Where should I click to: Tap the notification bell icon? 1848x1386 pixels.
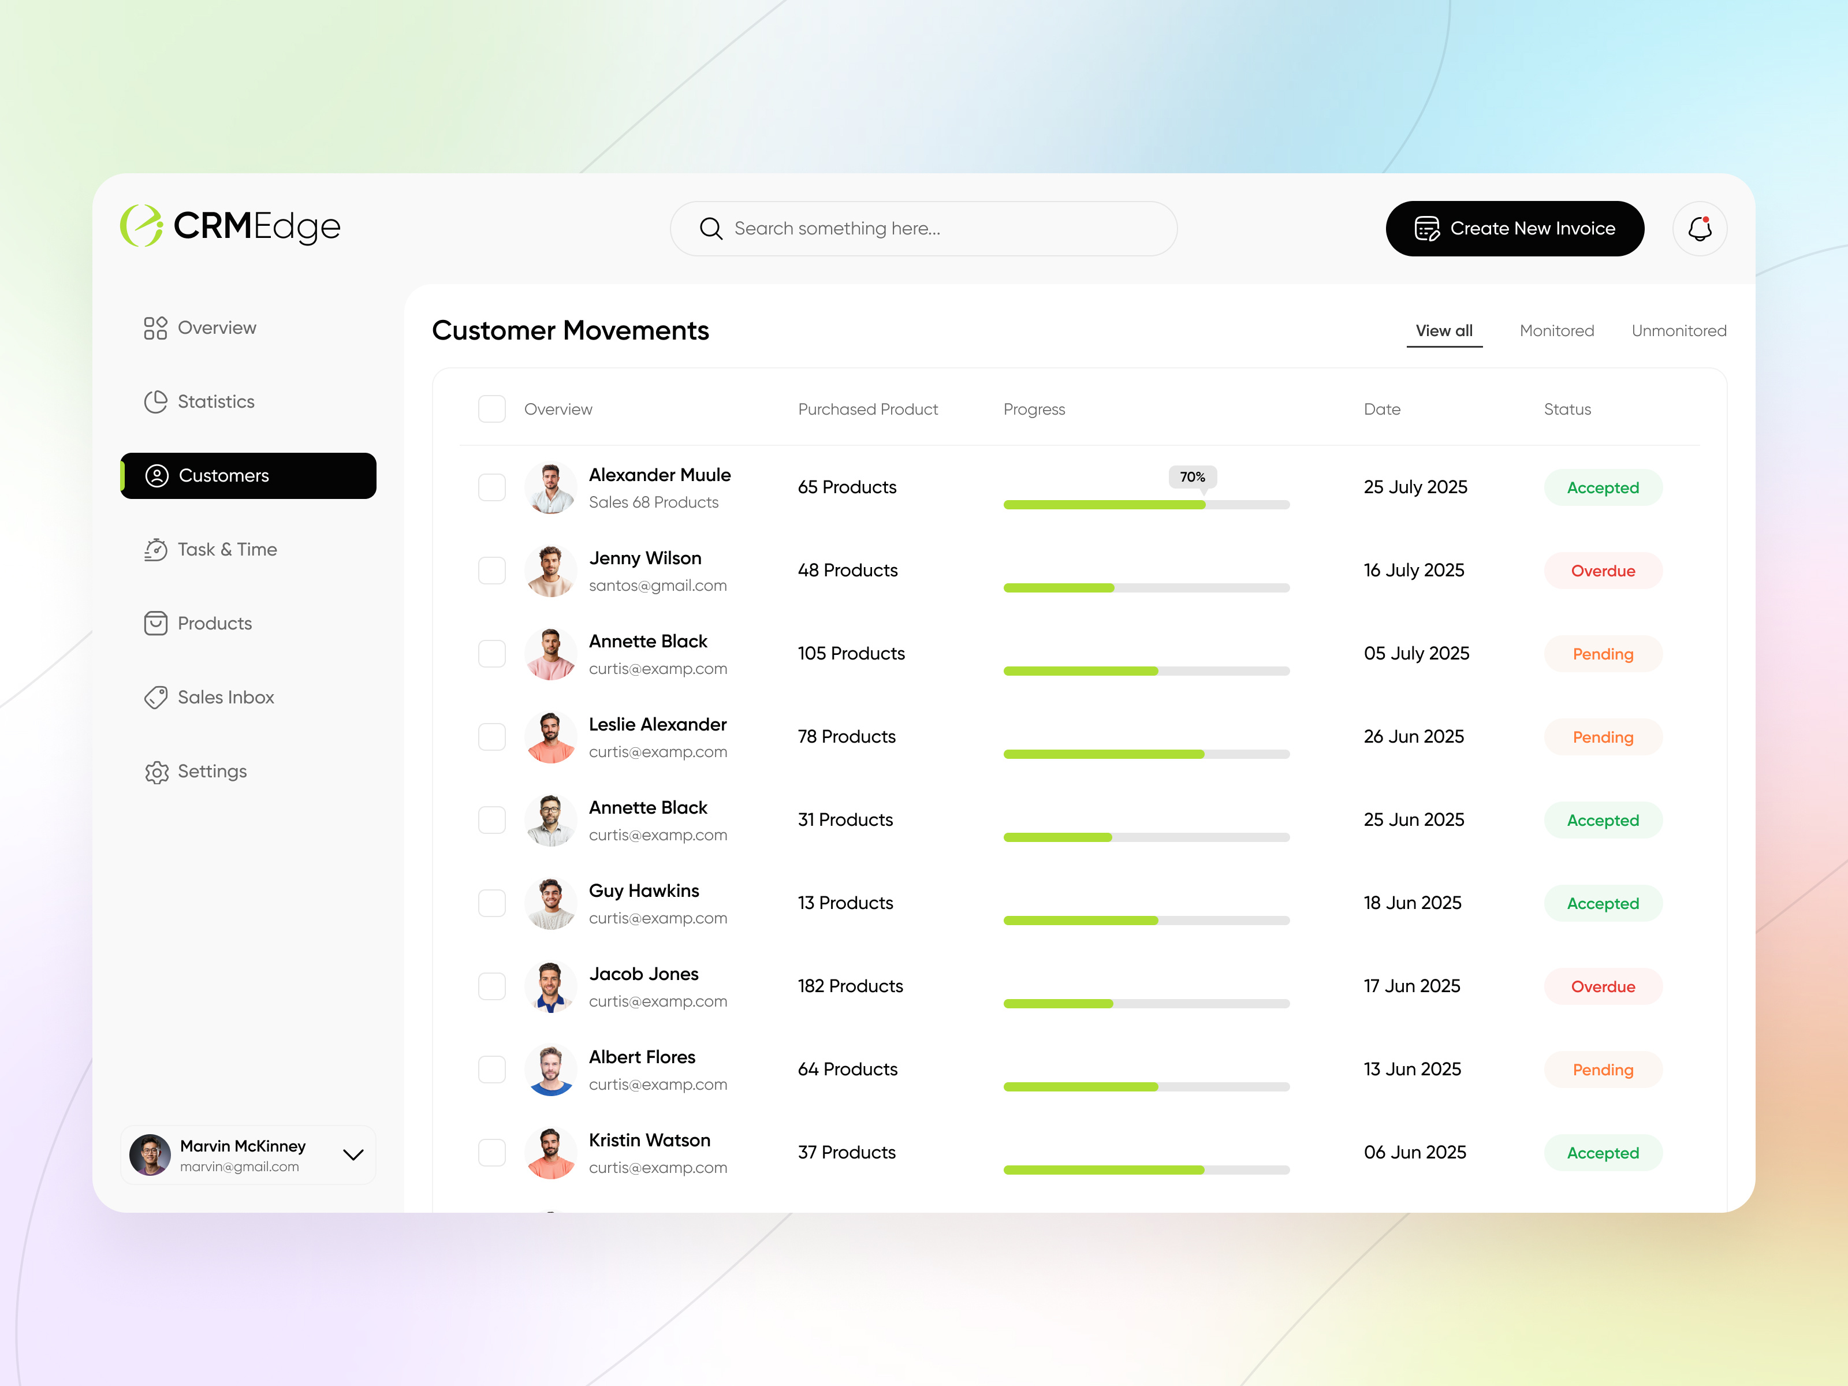pos(1699,228)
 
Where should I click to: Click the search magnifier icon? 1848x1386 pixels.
pos(710,228)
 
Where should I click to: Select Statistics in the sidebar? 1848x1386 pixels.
pos(215,402)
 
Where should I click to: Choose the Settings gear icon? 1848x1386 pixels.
pos(157,772)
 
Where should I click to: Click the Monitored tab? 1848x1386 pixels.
pos(1556,331)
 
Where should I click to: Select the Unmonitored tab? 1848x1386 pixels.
pos(1678,331)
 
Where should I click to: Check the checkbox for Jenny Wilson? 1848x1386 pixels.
pos(491,571)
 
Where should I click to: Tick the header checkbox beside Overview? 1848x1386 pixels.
pos(491,409)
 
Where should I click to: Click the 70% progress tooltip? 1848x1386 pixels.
pos(1192,477)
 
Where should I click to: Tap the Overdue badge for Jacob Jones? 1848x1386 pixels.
pos(1603,986)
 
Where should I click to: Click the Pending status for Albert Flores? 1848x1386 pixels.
pos(1603,1070)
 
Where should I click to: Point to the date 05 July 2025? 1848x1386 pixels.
pos(1416,653)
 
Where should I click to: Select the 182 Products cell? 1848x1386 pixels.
pos(850,986)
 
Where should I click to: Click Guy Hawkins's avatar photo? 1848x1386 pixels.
pos(550,903)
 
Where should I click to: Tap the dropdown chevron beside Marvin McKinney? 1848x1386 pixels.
pos(353,1154)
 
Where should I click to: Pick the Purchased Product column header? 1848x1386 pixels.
pos(867,409)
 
